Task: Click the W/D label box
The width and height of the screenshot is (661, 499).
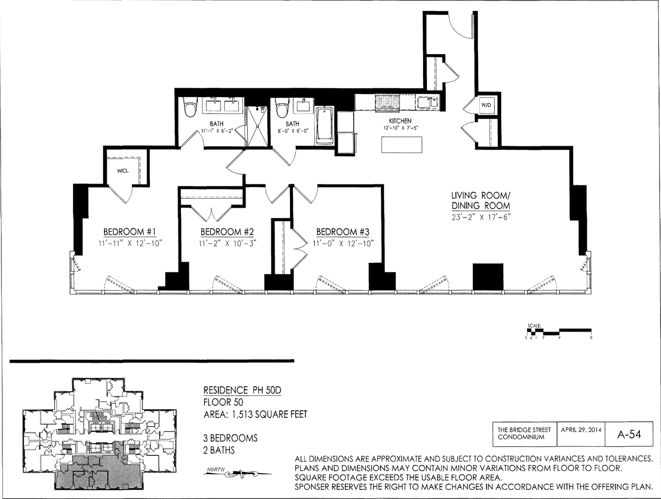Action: tap(486, 105)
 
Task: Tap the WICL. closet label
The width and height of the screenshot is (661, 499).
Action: tap(123, 171)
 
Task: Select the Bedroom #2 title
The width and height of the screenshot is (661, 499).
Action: tap(227, 232)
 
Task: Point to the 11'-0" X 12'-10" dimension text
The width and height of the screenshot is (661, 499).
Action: tap(343, 243)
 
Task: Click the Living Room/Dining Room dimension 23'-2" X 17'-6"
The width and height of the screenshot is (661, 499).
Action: tap(481, 217)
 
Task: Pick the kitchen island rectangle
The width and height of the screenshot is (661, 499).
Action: tap(402, 145)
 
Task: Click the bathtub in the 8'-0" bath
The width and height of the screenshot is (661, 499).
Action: tap(325, 126)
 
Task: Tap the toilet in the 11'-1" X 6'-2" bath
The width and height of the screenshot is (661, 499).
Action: tap(190, 107)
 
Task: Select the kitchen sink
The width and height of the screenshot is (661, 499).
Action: tap(427, 102)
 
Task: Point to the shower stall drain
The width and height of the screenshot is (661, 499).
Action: tap(258, 126)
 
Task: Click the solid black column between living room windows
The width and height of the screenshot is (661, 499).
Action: tap(488, 277)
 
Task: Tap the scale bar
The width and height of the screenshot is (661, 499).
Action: tap(559, 332)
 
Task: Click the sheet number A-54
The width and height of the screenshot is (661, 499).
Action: tap(629, 434)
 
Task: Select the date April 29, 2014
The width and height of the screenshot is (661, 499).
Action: tap(581, 430)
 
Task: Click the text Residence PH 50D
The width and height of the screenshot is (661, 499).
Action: tap(242, 390)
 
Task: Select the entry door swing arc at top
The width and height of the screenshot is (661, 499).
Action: tap(461, 31)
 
